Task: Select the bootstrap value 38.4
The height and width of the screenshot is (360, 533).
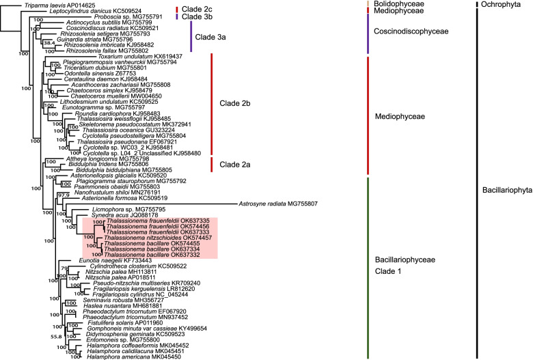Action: click(49, 44)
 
